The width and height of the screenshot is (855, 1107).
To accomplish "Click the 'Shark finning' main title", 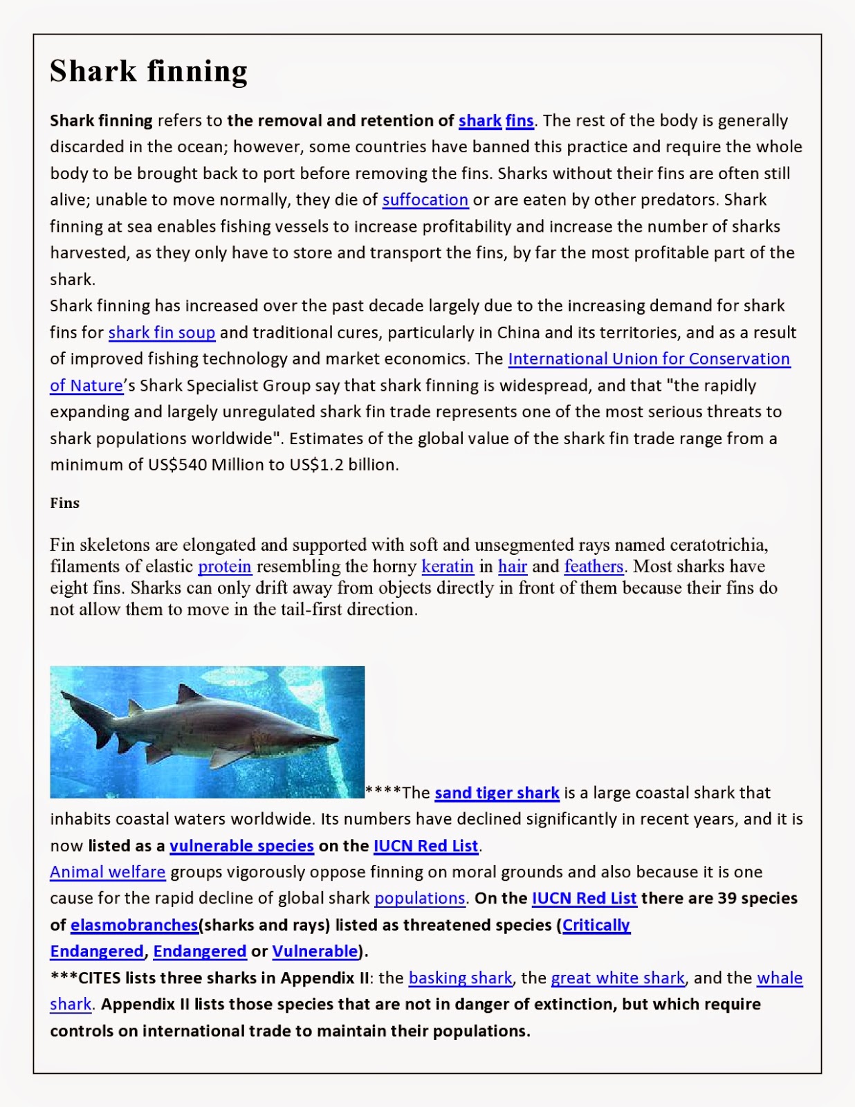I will coord(148,71).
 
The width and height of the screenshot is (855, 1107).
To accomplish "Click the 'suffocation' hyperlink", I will coord(425,200).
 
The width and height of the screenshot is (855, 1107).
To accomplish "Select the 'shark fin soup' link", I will coord(161,333).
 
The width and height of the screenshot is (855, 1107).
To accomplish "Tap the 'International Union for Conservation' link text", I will coord(648,359).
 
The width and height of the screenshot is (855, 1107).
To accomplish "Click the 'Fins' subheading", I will coord(64,503).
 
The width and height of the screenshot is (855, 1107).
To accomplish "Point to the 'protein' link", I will coord(224,567).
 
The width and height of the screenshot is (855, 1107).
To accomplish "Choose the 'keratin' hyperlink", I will coord(447,567).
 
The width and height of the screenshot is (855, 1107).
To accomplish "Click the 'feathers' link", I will coord(594,567).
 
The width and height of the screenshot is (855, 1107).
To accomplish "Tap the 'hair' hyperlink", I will coord(512,567).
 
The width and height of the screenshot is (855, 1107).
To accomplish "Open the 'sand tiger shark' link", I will coord(496,793).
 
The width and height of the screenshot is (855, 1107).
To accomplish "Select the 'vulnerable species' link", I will coord(241,846).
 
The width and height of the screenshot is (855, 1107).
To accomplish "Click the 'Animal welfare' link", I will coord(107,872).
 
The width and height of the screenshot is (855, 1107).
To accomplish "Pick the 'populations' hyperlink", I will coord(419,899).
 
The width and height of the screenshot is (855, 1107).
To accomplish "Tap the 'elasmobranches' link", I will coord(134,926).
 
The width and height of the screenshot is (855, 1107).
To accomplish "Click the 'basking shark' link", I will coord(460,978).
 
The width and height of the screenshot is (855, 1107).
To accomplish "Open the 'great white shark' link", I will coord(617,978).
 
